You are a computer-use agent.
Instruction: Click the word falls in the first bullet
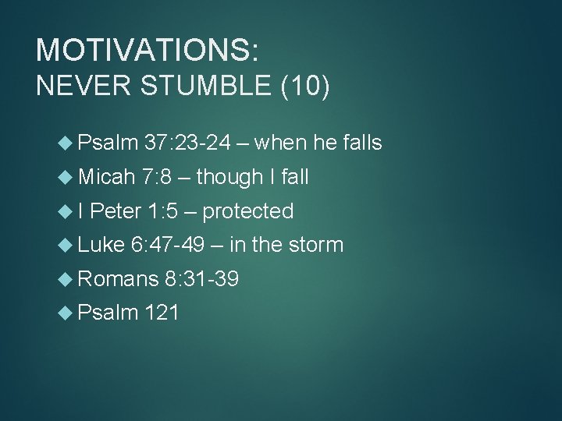[x=358, y=143]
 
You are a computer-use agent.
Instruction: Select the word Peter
[x=116, y=210]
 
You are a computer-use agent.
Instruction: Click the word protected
[x=248, y=210]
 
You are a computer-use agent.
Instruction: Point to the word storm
[x=315, y=245]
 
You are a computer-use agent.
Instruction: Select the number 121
[x=162, y=313]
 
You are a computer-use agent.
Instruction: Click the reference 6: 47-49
[x=168, y=245]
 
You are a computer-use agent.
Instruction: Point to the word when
[x=282, y=143]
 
